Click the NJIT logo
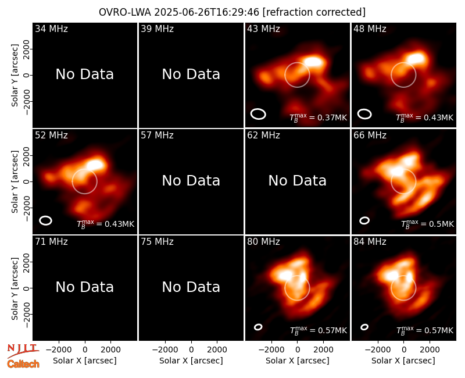pos(23,351)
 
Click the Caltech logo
pos(23,364)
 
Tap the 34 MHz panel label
pos(51,28)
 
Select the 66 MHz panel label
pos(370,135)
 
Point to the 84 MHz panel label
pos(370,242)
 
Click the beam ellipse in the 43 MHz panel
pos(258,114)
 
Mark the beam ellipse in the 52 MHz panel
pos(46,220)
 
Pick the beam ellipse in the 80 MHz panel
pos(258,327)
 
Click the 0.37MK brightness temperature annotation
pos(318,117)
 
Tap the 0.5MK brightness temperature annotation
pos(427,224)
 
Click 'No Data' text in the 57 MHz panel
pos(191,180)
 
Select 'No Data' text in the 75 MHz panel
pos(191,287)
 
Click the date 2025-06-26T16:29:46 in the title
pos(207,12)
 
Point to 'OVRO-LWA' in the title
pos(125,12)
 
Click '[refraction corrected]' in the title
pos(314,12)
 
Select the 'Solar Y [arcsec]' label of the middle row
pos(15,181)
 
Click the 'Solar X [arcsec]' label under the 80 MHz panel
pos(297,361)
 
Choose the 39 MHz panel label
pos(157,28)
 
